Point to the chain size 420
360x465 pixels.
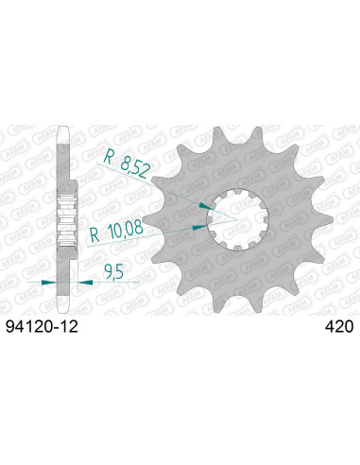(338, 327)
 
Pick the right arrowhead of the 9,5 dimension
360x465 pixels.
(78, 281)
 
